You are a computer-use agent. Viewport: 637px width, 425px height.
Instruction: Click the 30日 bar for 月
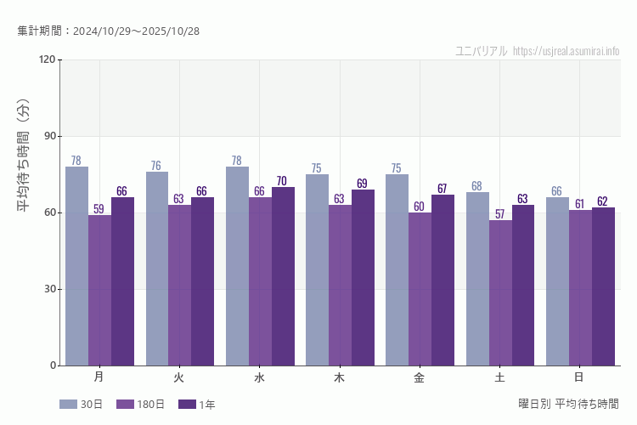(76, 266)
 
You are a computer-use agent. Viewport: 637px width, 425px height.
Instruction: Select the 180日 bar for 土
(500, 292)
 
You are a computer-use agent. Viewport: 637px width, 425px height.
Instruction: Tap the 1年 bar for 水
(283, 276)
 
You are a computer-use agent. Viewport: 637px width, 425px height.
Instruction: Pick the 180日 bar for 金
(420, 289)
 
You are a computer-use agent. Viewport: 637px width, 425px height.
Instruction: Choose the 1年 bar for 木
(363, 277)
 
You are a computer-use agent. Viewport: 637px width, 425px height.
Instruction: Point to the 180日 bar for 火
(179, 285)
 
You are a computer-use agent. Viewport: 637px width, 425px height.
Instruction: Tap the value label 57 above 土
(499, 214)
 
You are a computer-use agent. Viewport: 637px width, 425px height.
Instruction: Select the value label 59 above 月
(99, 209)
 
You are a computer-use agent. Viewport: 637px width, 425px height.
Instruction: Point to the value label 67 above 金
(442, 189)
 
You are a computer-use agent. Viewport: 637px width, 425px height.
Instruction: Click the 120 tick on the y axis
(47, 59)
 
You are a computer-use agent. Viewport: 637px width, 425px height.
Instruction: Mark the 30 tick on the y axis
(49, 289)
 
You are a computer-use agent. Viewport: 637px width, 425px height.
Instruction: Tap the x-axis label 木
(339, 377)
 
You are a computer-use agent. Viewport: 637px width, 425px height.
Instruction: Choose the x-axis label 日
(579, 377)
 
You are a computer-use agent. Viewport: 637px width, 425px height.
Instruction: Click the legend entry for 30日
(82, 405)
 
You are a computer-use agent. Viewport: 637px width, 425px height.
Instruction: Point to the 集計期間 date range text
(108, 31)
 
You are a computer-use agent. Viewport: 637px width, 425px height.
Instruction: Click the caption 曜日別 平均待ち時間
(568, 404)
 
